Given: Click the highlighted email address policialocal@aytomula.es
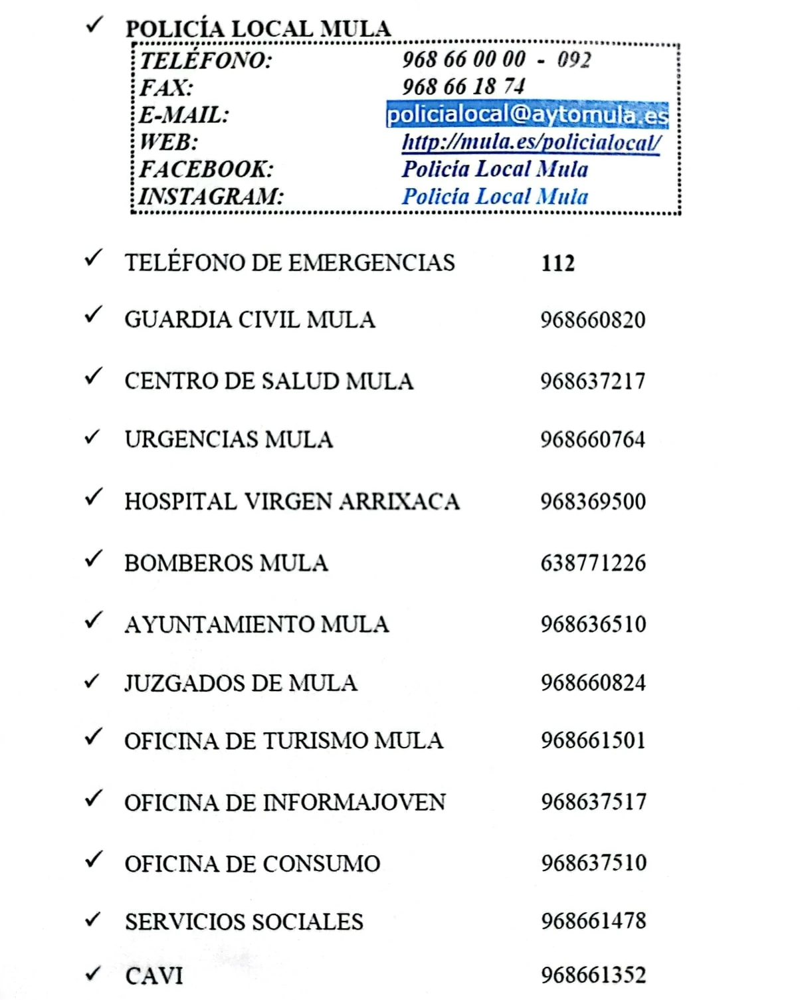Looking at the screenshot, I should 527,114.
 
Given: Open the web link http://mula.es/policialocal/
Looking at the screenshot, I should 531,142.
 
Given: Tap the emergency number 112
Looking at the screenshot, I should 557,263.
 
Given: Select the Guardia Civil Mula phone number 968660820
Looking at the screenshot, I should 593,320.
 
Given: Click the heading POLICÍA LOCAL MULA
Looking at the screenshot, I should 258,29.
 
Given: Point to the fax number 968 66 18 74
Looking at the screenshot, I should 463,86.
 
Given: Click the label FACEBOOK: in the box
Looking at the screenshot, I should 206,169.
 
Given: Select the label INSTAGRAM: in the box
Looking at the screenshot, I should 211,197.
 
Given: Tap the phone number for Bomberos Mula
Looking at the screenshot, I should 593,563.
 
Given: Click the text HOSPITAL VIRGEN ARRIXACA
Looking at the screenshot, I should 292,501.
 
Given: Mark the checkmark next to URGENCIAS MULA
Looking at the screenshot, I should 93,437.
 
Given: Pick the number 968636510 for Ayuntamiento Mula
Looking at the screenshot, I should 593,624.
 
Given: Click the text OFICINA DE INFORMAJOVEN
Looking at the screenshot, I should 285,802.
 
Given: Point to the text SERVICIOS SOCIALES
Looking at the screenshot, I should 244,922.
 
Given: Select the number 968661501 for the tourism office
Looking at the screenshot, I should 593,740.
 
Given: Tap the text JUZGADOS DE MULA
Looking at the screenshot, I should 241,683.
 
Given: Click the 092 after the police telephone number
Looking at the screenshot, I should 574,60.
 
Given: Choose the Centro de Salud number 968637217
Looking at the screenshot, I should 593,381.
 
